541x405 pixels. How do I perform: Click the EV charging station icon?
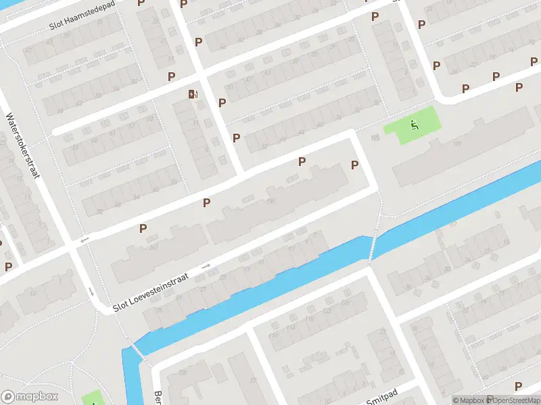pos(194,94)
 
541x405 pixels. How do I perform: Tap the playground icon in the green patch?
pos(413,124)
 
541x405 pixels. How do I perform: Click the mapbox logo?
pos(30,397)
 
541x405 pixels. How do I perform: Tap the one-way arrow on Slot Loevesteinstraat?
pos(206,267)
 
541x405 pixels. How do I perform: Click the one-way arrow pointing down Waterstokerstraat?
pos(91,292)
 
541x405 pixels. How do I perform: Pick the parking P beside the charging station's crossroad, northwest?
pos(171,77)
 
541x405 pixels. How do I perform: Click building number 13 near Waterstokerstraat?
pos(30,292)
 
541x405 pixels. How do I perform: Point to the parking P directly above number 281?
pos(143,228)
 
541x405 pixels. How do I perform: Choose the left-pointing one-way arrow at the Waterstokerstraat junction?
pos(84,240)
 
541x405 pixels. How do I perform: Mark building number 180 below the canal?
pos(181,372)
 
